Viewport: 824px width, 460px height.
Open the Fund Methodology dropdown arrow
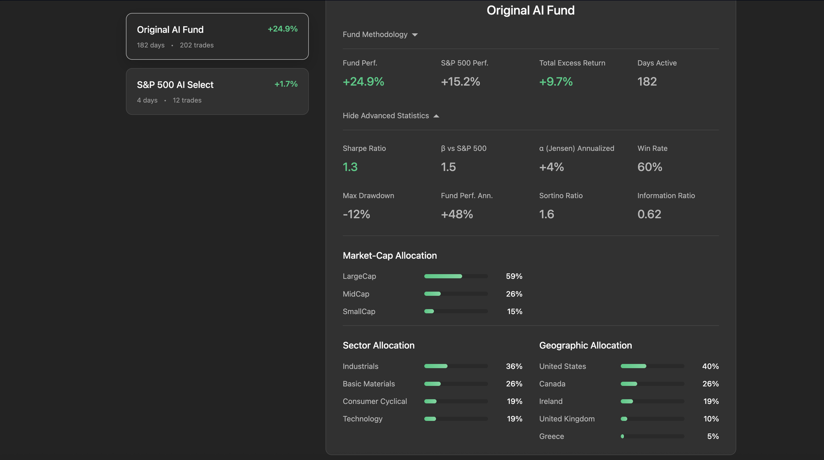tap(415, 35)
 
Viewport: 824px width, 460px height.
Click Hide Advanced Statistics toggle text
tap(386, 116)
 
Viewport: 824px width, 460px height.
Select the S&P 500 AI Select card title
tap(175, 85)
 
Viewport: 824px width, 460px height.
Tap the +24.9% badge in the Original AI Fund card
tap(283, 29)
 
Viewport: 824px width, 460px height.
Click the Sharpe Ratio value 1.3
tap(350, 167)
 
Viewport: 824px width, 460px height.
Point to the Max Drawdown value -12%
tap(356, 215)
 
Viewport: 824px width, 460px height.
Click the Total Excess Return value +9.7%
tap(556, 82)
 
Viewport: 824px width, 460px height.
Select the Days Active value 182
tap(647, 82)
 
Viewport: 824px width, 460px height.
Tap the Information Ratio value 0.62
tap(649, 215)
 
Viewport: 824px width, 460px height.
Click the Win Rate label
tap(652, 148)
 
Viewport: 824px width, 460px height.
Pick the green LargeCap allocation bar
tap(443, 276)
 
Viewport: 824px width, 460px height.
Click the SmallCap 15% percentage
tap(515, 312)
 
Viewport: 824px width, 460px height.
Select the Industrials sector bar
tap(436, 366)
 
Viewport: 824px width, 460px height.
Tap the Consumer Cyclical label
tap(375, 402)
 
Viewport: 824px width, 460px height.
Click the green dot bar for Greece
tap(622, 437)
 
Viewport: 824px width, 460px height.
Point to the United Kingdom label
tap(566, 419)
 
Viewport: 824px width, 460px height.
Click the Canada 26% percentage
tap(710, 384)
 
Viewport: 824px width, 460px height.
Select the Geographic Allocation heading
tap(585, 346)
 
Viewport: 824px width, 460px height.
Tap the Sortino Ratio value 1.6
tap(546, 215)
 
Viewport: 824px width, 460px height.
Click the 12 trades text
tap(187, 100)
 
